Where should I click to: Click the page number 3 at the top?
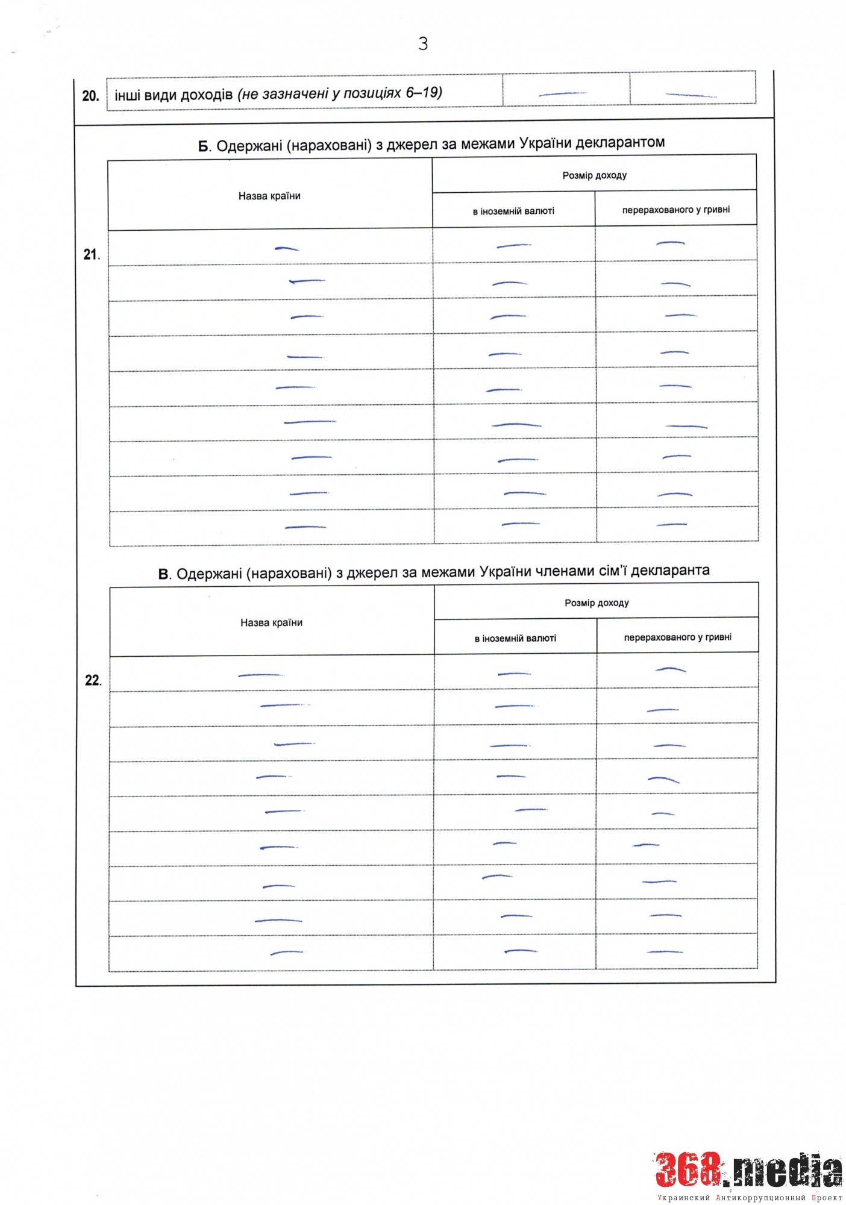[x=423, y=43]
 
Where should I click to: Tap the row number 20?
[x=90, y=96]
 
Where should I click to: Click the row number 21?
[x=91, y=255]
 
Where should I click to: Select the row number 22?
[x=93, y=681]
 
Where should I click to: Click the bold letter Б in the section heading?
[x=204, y=147]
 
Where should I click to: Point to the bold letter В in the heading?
[x=163, y=575]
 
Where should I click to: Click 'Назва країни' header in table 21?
[x=269, y=196]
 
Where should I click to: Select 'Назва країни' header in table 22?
[x=271, y=622]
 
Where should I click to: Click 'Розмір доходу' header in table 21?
[x=594, y=175]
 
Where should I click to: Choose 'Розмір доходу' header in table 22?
[x=597, y=602]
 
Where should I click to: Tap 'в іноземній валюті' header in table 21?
[x=513, y=211]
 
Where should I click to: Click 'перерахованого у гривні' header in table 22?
[x=677, y=637]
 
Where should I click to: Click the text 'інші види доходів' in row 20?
[x=174, y=95]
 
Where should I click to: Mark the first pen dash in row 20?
[x=563, y=94]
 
